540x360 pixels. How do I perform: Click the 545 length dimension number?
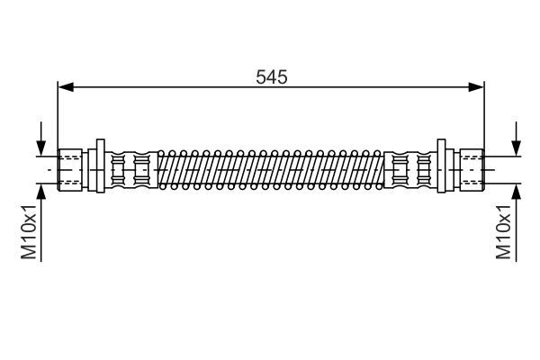271,77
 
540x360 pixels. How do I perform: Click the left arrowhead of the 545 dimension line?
64,87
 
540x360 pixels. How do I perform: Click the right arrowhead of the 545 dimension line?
478,87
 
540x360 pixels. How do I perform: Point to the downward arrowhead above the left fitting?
41,148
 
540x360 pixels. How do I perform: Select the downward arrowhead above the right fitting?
516,148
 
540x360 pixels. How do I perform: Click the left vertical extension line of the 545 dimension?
58,117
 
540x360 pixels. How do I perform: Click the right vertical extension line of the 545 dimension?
484,117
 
